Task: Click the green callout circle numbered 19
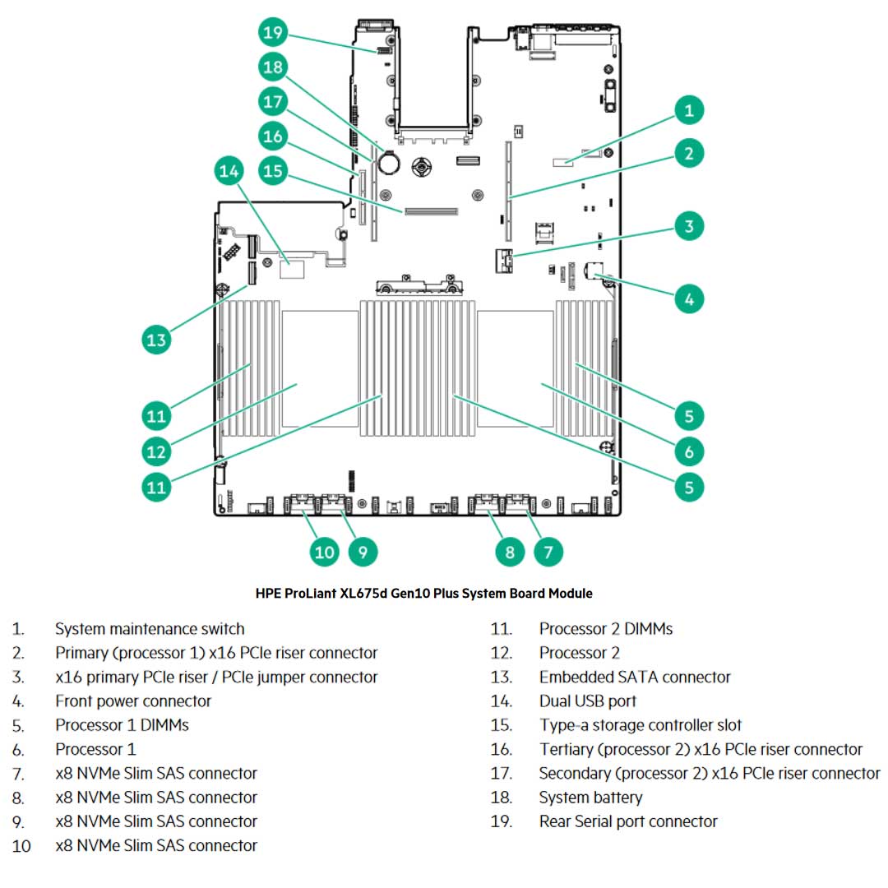coord(274,33)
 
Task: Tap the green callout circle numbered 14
coord(230,171)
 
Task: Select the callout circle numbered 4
coord(689,298)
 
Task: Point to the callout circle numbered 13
coord(156,340)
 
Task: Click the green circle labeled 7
coord(548,551)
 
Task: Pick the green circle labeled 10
coord(325,551)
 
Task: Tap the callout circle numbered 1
coord(689,109)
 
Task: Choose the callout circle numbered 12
coord(156,451)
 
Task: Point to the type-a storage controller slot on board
coord(429,211)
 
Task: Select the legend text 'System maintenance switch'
coord(150,629)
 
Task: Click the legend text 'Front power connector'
coord(133,701)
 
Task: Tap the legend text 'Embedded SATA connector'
coord(635,678)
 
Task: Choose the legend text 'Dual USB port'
coord(588,701)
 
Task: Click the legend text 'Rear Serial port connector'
coord(628,821)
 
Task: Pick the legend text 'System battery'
coord(590,798)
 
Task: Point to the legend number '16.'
coord(502,750)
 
